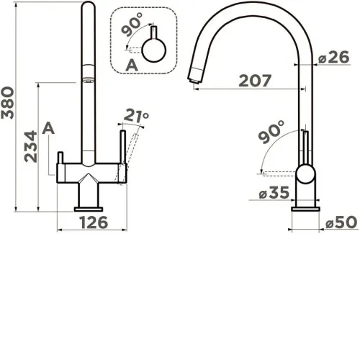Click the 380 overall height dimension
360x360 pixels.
(8, 103)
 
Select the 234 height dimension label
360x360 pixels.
(31, 146)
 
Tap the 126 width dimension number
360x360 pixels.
(94, 222)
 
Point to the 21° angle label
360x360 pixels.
(136, 116)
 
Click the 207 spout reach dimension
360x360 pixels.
(255, 81)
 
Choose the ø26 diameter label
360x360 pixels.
(334, 57)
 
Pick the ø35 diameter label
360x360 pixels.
(274, 192)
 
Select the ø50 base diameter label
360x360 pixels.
(341, 222)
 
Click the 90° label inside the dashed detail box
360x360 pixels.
(132, 24)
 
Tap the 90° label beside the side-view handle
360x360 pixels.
(271, 132)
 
